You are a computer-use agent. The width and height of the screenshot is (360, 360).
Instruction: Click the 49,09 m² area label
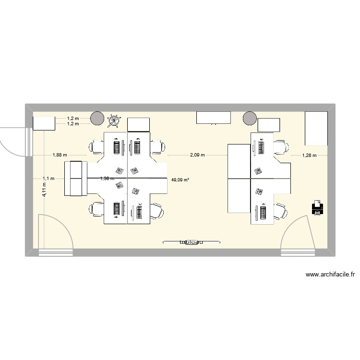(180, 180)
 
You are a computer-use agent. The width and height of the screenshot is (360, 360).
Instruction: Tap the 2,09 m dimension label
(197, 155)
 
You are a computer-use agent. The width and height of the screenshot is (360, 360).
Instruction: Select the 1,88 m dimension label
(59, 155)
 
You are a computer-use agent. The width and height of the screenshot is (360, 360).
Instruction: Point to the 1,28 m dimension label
(309, 155)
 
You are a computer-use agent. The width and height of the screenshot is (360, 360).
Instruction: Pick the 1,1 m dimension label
(48, 178)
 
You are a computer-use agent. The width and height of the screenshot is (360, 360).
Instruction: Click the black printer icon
(317, 208)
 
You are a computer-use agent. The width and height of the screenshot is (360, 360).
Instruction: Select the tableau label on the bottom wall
(191, 242)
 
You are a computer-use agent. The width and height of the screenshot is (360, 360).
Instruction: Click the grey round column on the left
(96, 118)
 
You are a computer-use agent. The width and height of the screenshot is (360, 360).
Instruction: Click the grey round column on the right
(250, 118)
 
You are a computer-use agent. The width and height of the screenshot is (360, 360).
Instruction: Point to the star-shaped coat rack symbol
(114, 120)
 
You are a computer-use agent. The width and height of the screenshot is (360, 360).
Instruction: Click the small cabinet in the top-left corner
(44, 123)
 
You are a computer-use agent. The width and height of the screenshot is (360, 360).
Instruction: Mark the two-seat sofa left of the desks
(76, 178)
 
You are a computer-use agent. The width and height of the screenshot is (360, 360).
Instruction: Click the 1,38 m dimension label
(107, 178)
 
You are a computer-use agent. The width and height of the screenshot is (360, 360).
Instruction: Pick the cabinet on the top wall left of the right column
(214, 117)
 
